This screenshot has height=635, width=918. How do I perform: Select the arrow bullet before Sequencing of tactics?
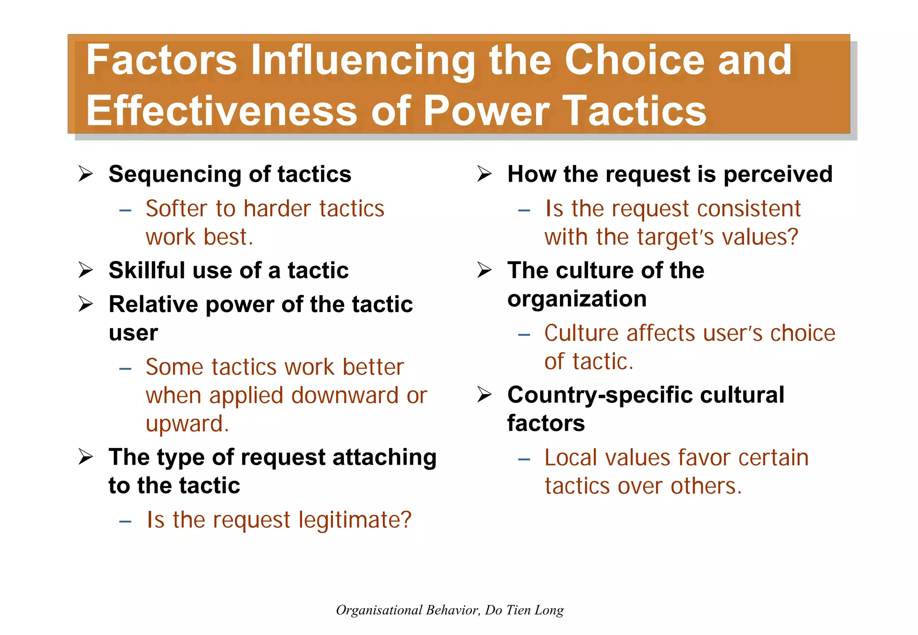85,174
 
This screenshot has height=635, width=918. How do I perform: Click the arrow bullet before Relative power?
85,304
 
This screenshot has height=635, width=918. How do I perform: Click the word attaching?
384,458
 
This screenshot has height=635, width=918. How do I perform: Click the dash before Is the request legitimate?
125,521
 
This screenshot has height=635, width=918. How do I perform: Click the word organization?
577,299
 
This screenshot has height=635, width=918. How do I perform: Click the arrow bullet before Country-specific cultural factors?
484,395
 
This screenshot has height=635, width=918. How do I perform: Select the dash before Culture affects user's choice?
524,335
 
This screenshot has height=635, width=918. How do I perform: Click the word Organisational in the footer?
379,610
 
